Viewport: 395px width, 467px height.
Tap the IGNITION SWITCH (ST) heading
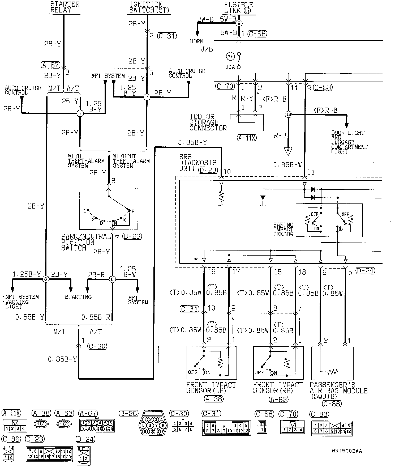coord(149,7)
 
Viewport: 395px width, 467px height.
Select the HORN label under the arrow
coord(196,41)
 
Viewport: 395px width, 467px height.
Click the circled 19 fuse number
coord(230,56)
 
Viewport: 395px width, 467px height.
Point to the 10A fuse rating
coord(230,67)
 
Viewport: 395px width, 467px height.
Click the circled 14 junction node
coord(288,114)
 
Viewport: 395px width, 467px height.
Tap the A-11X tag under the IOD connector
coord(247,138)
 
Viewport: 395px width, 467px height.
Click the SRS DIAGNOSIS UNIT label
coord(198,163)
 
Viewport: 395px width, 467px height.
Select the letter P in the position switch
coord(133,211)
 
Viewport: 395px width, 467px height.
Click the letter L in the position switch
coord(85,211)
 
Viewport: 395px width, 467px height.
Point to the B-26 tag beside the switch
coord(132,236)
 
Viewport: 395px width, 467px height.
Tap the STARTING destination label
coord(78,297)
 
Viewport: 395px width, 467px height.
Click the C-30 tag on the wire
coord(97,346)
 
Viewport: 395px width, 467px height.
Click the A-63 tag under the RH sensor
coord(278,399)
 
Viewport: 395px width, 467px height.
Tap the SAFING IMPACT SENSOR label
coord(283,230)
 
